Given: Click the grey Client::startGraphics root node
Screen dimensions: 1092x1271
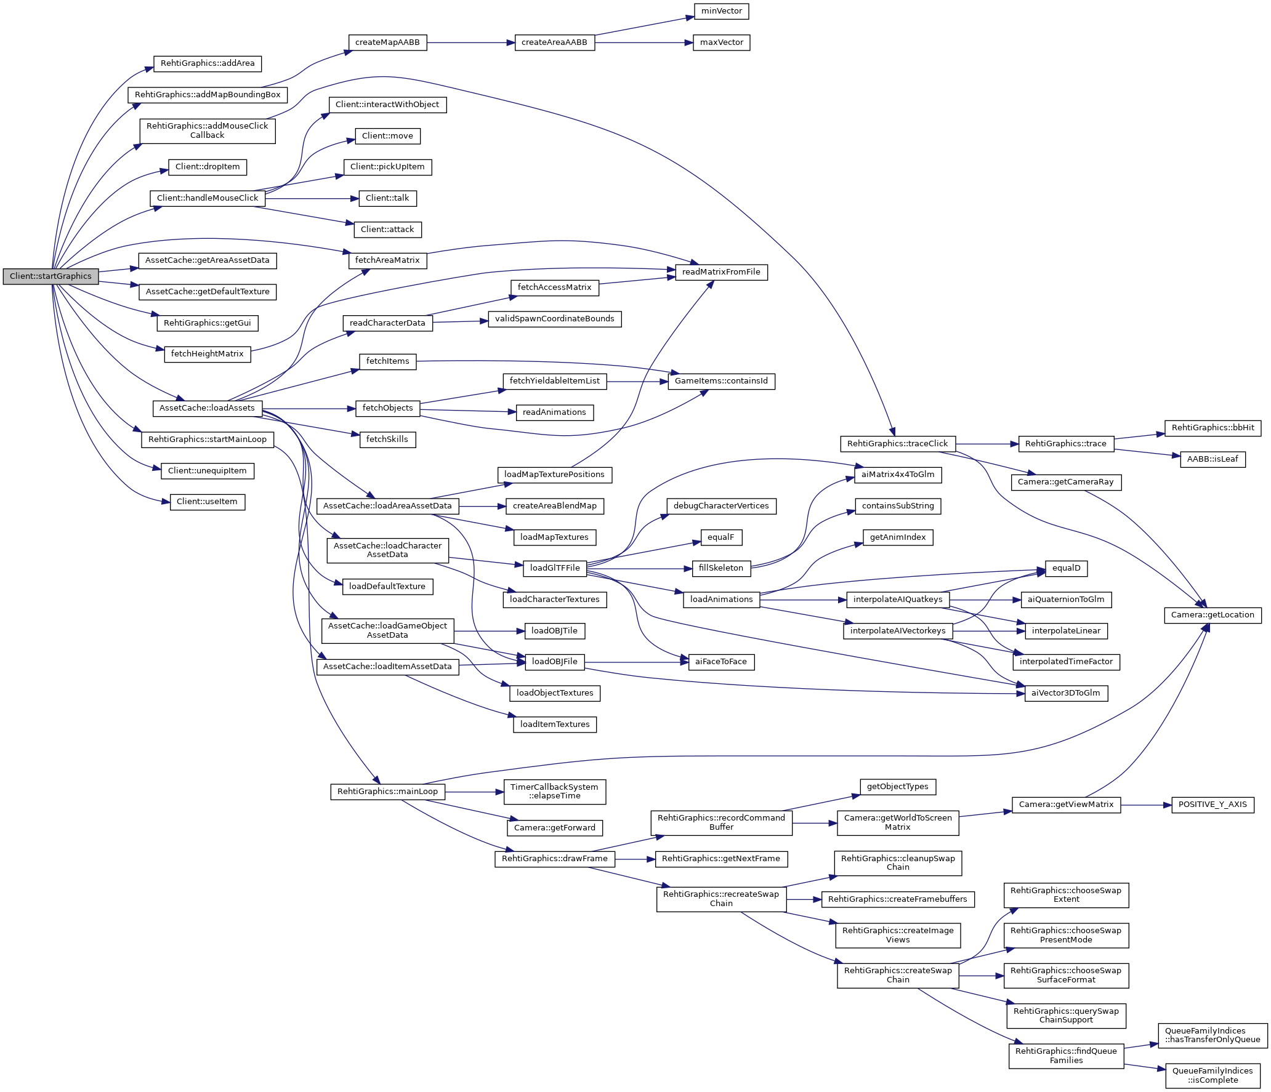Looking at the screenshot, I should pos(50,276).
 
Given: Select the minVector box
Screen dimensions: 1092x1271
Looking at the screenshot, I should pos(722,11).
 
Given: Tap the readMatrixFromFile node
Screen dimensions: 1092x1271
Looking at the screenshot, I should pos(721,272).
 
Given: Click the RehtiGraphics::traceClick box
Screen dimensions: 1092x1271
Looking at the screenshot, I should pos(897,444).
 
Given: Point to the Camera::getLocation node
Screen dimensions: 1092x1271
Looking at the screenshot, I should pos(1212,615).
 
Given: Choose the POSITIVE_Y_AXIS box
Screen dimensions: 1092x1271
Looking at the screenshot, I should pos(1212,805).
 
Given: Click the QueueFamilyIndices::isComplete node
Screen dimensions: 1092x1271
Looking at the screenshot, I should pos(1212,1075).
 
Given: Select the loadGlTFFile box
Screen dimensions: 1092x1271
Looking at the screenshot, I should pos(555,568).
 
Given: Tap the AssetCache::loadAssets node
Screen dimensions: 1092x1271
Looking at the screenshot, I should pos(207,408).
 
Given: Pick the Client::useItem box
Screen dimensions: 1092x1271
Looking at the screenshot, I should pos(207,502).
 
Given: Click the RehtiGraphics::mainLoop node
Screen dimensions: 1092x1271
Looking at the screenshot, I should pos(387,792).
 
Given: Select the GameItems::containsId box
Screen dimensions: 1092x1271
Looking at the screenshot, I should pos(721,381).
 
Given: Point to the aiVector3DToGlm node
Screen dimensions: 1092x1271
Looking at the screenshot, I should pos(1065,693).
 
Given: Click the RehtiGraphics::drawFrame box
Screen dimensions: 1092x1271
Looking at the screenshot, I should pos(554,859).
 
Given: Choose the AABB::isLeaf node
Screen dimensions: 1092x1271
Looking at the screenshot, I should pos(1212,459).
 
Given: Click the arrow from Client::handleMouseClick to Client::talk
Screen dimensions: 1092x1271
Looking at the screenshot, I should pos(312,199).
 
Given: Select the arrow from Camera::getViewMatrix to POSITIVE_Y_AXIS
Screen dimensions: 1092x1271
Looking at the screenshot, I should pos(1145,805).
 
